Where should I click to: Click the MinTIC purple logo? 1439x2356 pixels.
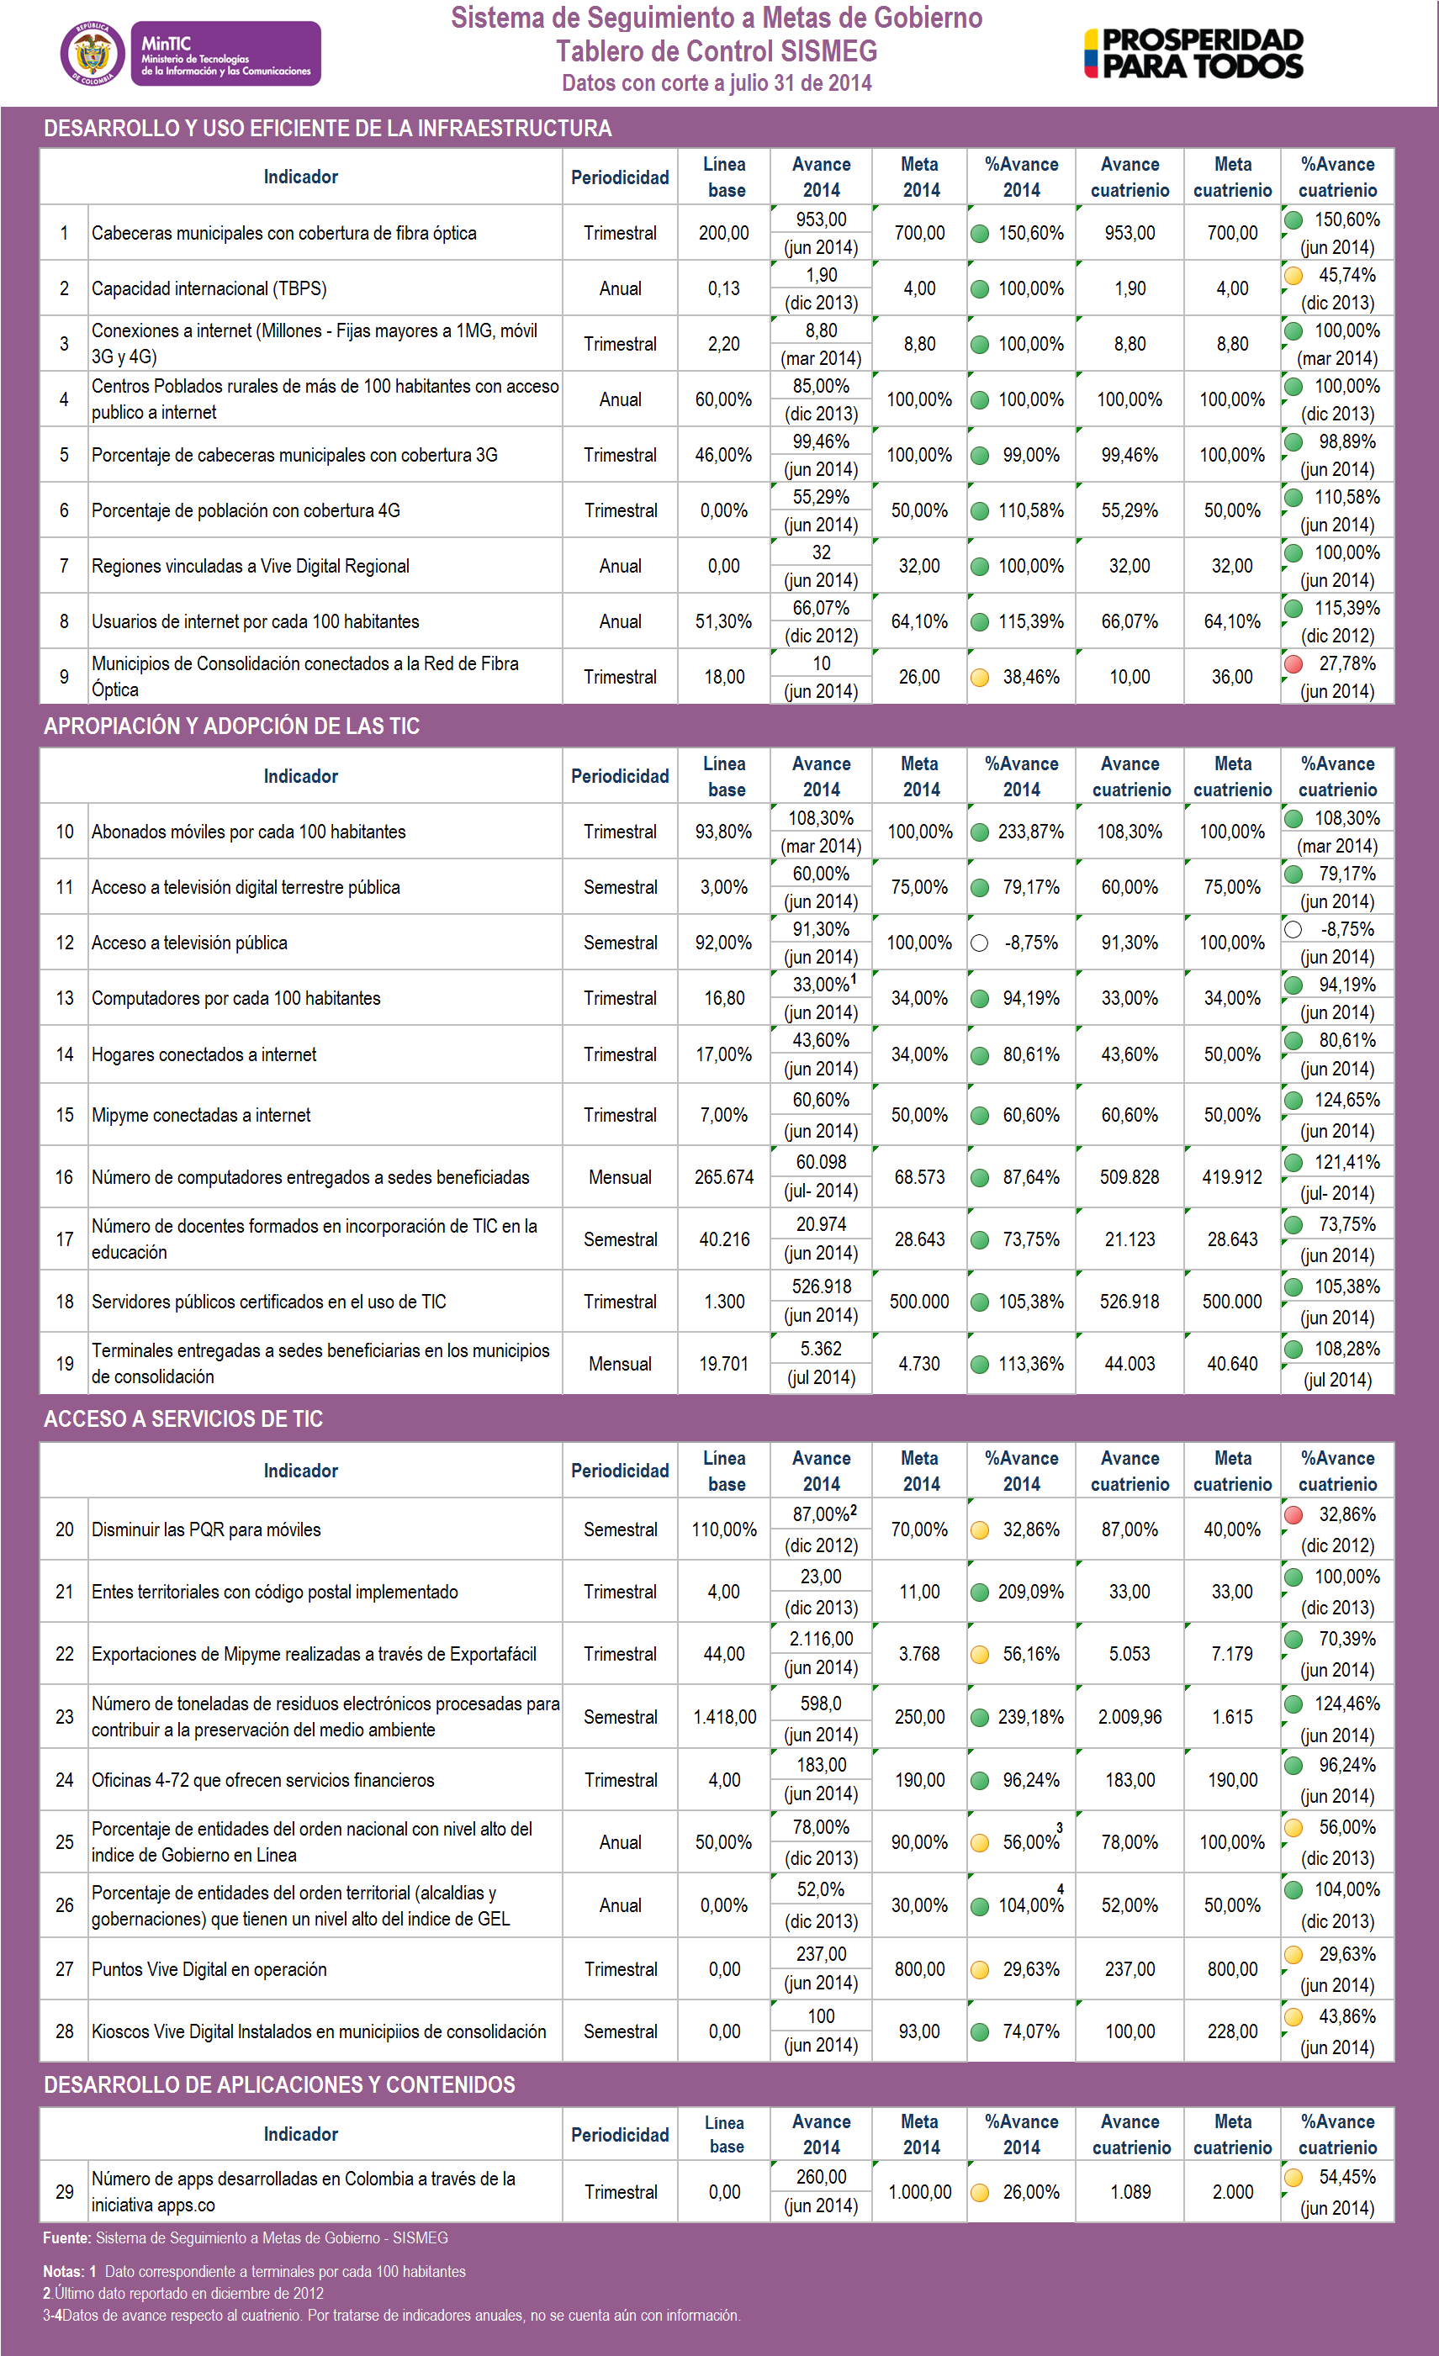coord(225,55)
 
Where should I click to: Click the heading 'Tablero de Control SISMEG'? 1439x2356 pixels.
coord(717,50)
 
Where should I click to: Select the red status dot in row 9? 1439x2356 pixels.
coord(1294,664)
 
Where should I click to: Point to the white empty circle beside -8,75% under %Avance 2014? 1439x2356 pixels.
coord(979,943)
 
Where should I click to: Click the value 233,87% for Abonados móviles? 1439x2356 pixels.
coord(1031,832)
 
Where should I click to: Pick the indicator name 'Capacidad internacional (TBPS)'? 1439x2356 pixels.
coord(209,288)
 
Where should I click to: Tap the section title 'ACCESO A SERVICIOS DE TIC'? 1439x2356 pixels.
coord(183,1419)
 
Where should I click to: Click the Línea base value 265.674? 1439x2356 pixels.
coord(724,1177)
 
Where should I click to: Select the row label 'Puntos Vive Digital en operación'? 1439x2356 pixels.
coord(209,1968)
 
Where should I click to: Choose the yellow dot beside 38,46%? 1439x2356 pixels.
coord(979,678)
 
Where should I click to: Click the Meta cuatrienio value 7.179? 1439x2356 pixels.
coord(1231,1654)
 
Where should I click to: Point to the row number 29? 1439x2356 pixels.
coord(64,2191)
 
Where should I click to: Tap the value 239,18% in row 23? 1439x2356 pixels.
coord(1031,1717)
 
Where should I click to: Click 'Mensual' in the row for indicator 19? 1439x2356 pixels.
coord(620,1364)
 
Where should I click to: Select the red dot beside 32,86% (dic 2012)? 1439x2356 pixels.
coord(1294,1514)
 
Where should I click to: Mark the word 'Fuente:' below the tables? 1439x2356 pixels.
coord(67,2238)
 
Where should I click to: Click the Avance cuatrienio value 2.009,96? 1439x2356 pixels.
coord(1130,1717)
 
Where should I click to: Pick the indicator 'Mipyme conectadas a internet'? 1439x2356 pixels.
coord(201,1115)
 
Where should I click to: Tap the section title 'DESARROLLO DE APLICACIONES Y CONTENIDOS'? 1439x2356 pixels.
coord(279,2084)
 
